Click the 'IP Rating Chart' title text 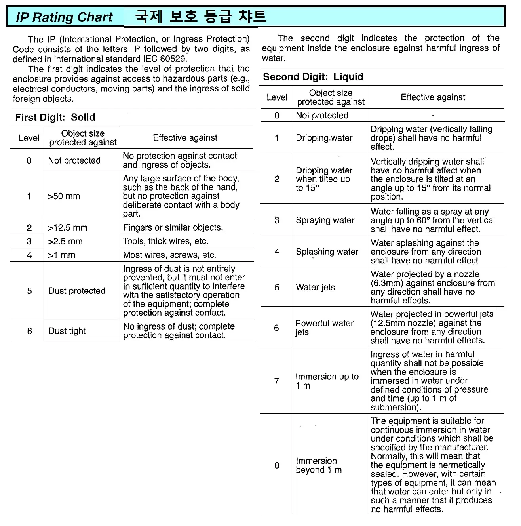[x=64, y=17]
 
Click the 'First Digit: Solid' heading [x=55, y=117]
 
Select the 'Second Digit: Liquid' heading [x=313, y=77]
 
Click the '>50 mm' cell [x=64, y=196]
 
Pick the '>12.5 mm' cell [x=67, y=228]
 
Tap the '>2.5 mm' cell [x=65, y=241]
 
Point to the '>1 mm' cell [x=61, y=255]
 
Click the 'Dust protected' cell [x=77, y=291]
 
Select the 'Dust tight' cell [x=67, y=331]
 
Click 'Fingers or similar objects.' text [x=173, y=227]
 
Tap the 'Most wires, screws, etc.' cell [x=169, y=255]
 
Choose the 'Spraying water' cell [x=325, y=220]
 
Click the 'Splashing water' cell [x=327, y=252]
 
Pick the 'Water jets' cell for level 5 [x=315, y=287]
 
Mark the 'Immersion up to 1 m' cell [x=327, y=381]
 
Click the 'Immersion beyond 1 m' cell [x=319, y=465]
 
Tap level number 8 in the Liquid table [x=277, y=465]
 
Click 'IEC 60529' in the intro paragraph [x=166, y=59]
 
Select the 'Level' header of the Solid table [x=29, y=138]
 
